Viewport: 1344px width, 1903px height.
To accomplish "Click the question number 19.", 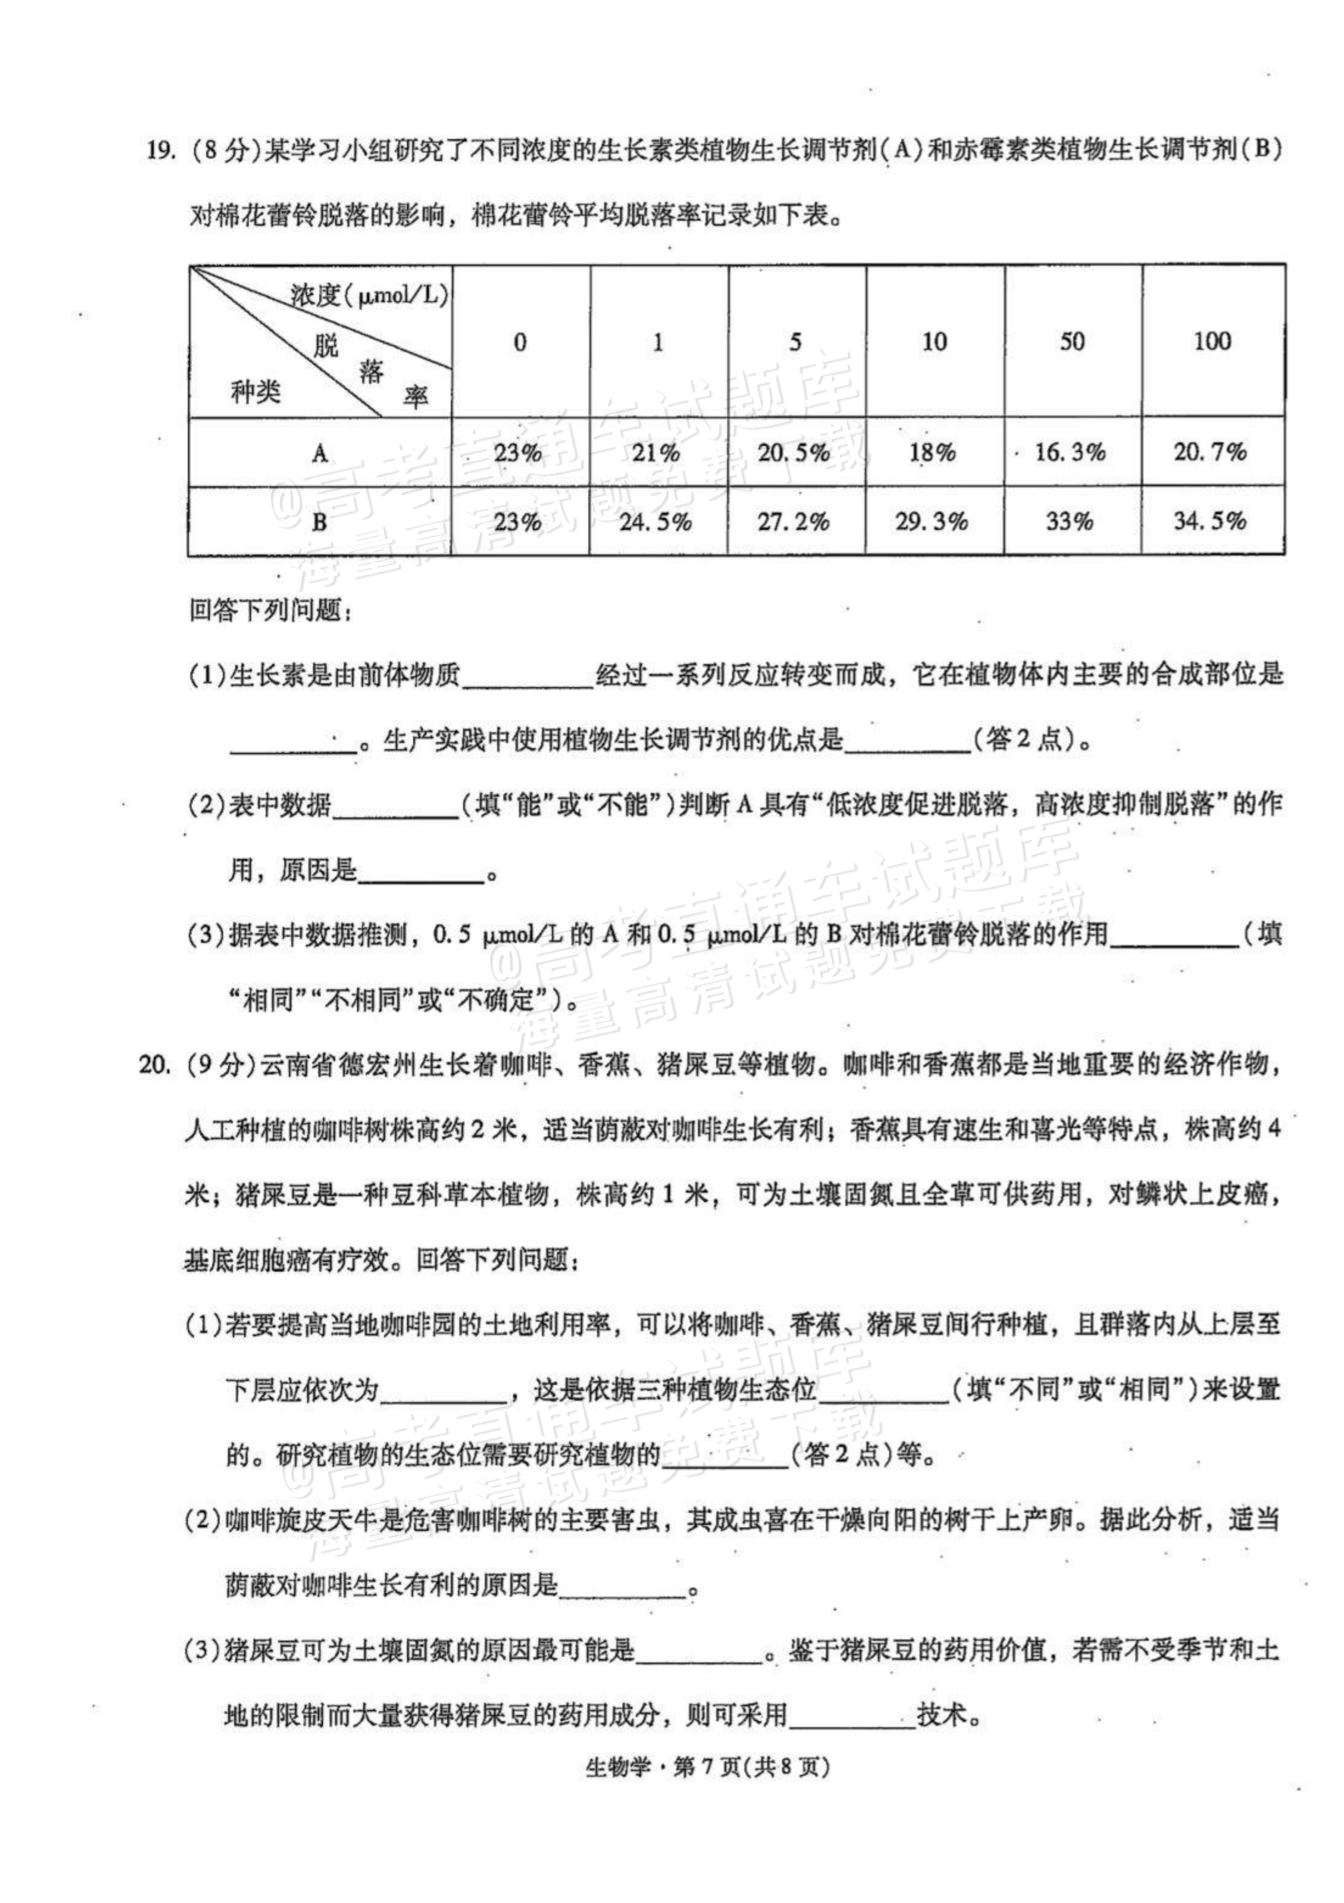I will point(159,152).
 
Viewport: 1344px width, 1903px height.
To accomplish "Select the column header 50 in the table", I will point(1071,341).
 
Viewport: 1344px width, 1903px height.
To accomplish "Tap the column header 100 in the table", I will point(1212,341).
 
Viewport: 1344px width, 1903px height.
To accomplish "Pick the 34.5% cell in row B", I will point(1210,521).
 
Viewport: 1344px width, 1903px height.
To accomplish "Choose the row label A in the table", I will point(320,453).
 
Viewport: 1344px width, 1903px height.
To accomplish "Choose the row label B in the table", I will point(320,522).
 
